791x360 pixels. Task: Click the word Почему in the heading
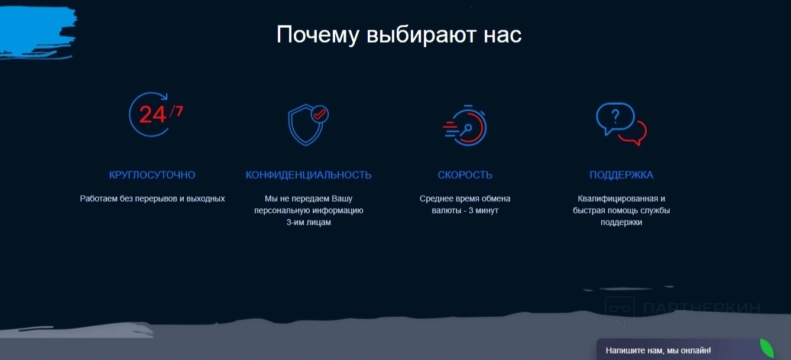[x=318, y=35]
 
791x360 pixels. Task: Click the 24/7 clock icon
[x=155, y=114]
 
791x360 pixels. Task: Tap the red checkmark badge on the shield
[x=320, y=114]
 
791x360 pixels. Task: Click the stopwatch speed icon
[x=465, y=125]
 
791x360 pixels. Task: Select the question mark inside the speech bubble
[x=615, y=116]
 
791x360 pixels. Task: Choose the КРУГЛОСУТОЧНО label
[x=152, y=175]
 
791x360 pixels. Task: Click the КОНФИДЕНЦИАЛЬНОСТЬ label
[x=309, y=175]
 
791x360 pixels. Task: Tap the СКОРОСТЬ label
[x=465, y=175]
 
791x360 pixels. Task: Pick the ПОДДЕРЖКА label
[x=621, y=175]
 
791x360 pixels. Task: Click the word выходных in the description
[x=206, y=199]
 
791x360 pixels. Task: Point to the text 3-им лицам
[x=309, y=222]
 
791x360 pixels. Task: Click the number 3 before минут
[x=471, y=210]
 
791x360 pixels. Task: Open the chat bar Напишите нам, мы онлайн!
[x=658, y=351]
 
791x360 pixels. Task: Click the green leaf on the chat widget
[x=767, y=348]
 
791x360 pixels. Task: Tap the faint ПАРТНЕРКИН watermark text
[x=701, y=309]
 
